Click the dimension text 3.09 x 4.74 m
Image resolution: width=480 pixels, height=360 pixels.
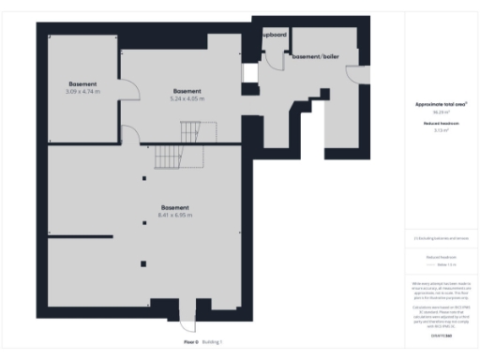(x=82, y=91)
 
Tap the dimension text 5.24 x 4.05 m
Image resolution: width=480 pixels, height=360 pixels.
(x=187, y=97)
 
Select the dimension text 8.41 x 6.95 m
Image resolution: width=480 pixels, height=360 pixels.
(x=175, y=215)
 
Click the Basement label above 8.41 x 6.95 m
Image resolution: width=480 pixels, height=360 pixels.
(x=175, y=207)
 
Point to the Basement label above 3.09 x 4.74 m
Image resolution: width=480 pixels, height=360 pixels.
(x=82, y=83)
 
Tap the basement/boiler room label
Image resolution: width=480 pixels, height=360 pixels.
(x=314, y=57)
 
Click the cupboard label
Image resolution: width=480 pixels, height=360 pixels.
(x=274, y=35)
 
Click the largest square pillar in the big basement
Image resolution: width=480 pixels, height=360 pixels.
(x=143, y=262)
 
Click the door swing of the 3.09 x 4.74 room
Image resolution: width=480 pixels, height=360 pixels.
(x=131, y=91)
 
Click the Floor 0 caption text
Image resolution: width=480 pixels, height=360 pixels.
(x=190, y=342)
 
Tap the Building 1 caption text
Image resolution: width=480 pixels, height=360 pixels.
(x=213, y=342)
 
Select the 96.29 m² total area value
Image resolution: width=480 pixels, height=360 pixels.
(x=441, y=112)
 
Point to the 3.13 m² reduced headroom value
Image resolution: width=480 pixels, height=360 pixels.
(x=441, y=130)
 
